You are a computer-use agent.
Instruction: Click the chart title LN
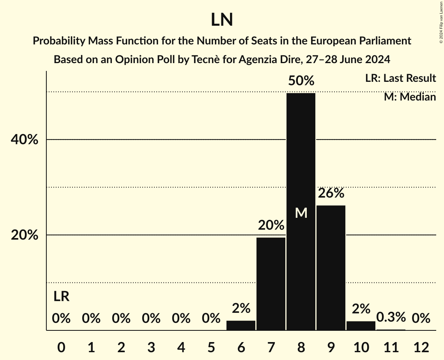(222, 20)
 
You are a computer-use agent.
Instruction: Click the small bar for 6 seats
(241, 325)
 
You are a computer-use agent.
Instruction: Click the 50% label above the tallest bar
(301, 81)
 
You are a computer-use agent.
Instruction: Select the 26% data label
(331, 193)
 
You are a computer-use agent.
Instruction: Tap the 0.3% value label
(391, 317)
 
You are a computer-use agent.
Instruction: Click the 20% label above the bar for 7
(271, 225)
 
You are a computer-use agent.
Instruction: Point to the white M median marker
(301, 213)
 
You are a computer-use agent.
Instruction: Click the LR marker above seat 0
(61, 296)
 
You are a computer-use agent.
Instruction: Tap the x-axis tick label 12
(421, 347)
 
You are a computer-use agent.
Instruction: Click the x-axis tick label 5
(211, 347)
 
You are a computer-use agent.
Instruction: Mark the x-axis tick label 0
(61, 347)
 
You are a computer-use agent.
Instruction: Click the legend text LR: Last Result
(400, 78)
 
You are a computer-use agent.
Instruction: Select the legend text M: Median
(410, 97)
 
